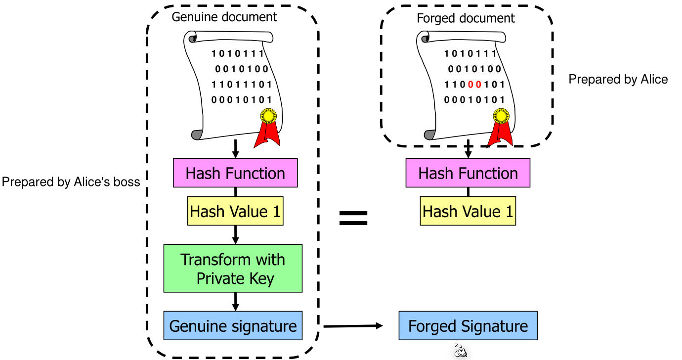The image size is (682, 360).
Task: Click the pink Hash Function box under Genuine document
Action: tap(235, 173)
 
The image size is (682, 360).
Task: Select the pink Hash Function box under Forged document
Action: tap(468, 173)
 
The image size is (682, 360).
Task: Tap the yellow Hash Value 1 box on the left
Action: tap(235, 212)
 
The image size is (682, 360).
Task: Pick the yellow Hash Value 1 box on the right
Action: tap(468, 212)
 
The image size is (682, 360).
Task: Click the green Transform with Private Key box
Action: tap(233, 269)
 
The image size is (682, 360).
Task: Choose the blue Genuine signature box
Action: tap(233, 326)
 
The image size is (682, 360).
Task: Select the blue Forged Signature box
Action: tap(468, 326)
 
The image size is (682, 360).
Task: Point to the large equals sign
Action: tap(353, 218)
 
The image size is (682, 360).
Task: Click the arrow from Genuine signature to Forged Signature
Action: tap(353, 326)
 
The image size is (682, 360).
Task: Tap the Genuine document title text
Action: tap(224, 17)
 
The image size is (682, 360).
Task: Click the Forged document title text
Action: tap(466, 19)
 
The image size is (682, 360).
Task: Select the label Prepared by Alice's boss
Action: tap(71, 182)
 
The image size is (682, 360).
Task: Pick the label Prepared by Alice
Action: tap(618, 79)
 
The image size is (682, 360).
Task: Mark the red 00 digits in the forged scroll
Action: tap(474, 85)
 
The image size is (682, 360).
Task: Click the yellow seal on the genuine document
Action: tap(268, 116)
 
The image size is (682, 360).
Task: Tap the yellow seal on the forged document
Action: tap(501, 116)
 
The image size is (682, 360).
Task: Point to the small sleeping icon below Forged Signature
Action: tap(460, 351)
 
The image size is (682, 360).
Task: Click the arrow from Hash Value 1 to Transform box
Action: tap(235, 235)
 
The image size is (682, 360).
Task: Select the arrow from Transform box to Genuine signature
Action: tap(235, 302)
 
